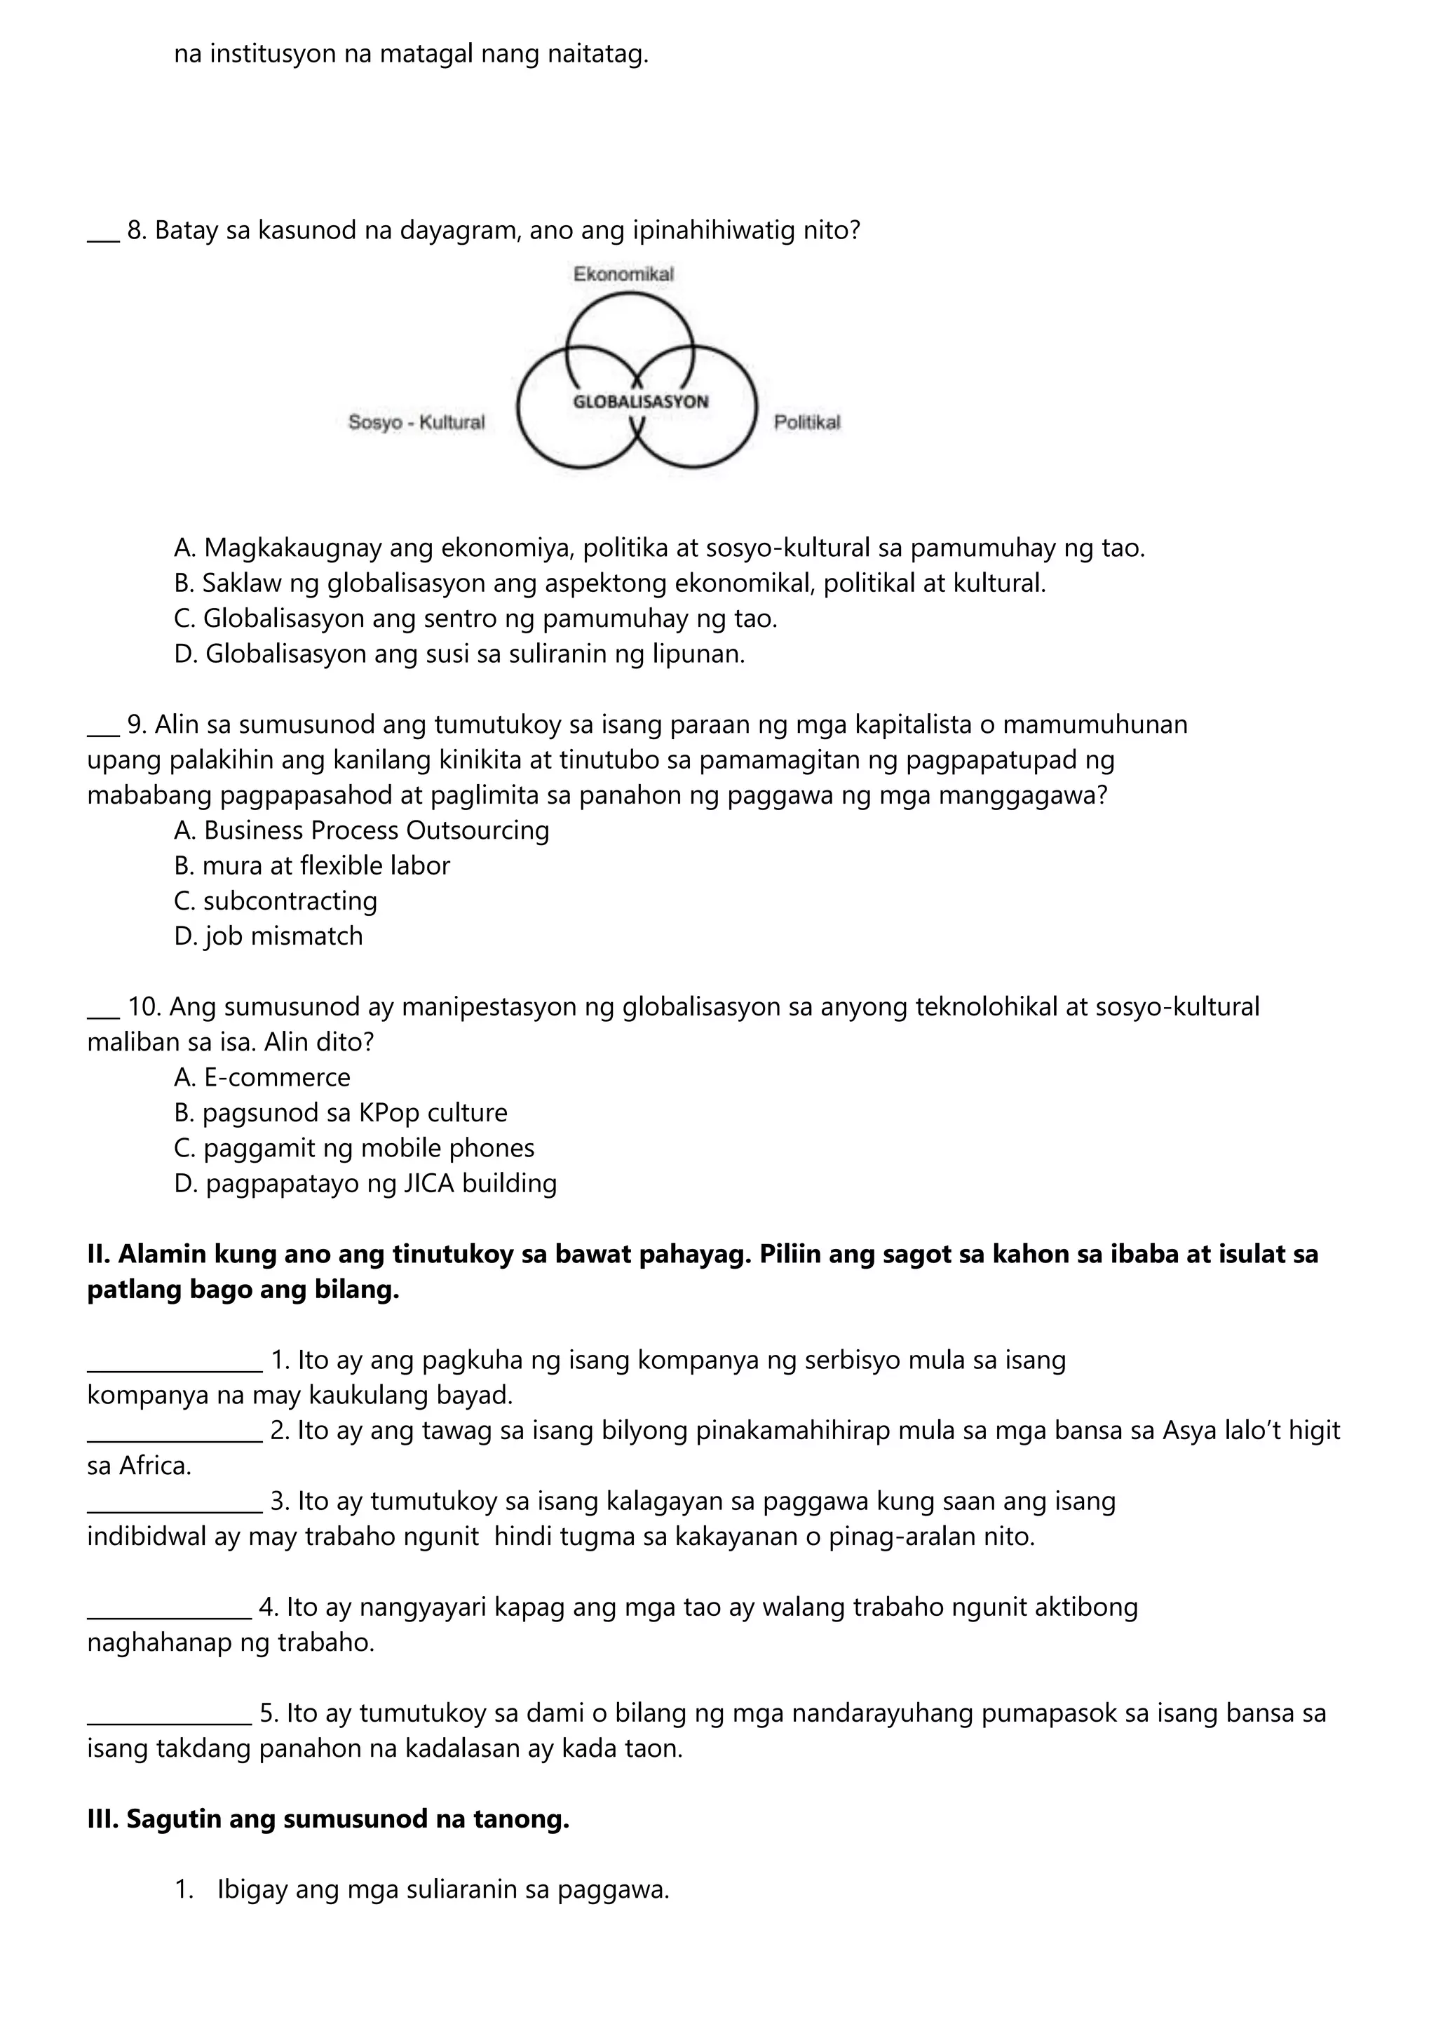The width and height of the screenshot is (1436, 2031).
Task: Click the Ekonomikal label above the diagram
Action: (x=623, y=274)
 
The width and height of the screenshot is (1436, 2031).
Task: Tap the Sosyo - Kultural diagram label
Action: (x=416, y=423)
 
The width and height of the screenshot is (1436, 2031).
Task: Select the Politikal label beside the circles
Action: (x=806, y=423)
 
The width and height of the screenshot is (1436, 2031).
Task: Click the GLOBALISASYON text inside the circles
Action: (x=641, y=402)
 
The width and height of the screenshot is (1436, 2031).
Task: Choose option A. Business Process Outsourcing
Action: (x=362, y=830)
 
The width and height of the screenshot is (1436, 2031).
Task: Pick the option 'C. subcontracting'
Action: (x=276, y=901)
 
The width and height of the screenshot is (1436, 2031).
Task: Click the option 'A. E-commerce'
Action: (x=263, y=1077)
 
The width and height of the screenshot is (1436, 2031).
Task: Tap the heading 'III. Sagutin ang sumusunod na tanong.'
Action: (x=328, y=1820)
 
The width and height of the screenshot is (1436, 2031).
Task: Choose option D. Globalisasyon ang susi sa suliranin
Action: (x=460, y=654)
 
